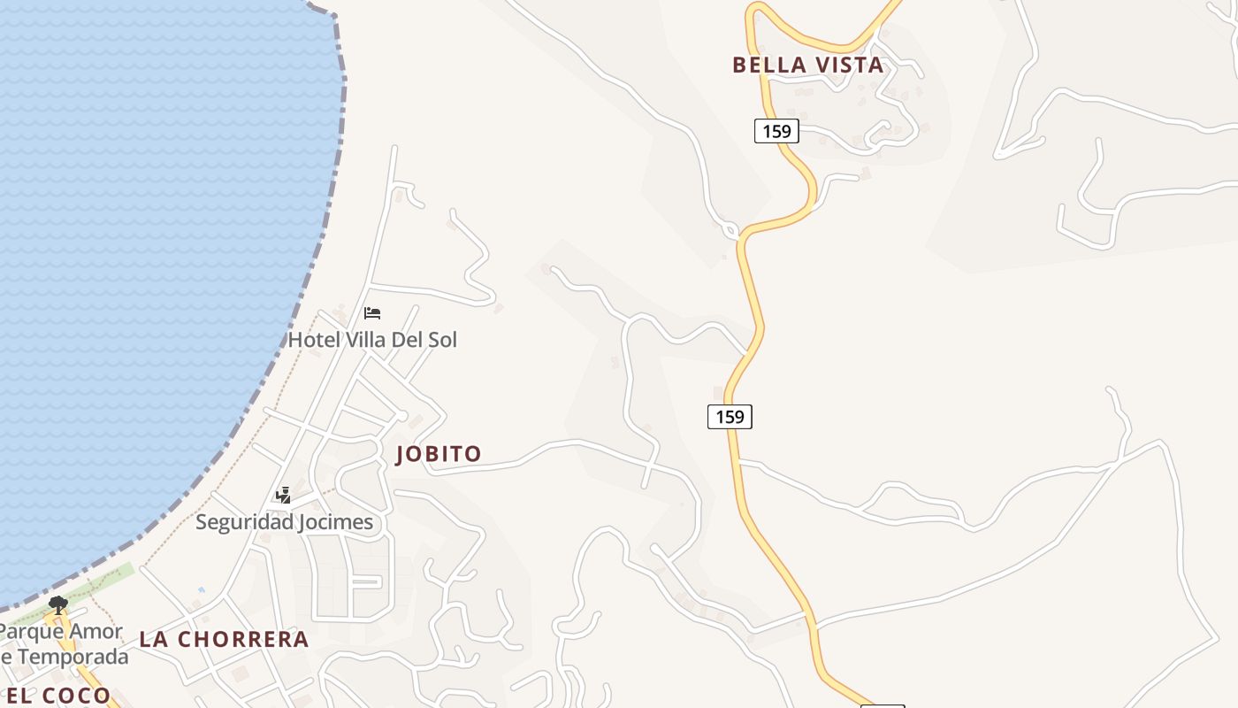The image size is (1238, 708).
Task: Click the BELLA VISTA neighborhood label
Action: pos(807,65)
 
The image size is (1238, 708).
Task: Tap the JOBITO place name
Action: pos(439,454)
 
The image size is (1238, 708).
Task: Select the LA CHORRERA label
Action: pos(224,639)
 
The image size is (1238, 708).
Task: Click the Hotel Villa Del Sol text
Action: pos(372,340)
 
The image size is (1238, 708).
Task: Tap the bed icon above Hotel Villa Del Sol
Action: pos(372,313)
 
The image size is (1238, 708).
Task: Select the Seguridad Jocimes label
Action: pos(284,522)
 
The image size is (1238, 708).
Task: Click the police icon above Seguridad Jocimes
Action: pos(284,496)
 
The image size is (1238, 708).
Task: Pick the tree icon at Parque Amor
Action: pos(58,605)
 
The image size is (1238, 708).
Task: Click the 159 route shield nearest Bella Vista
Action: pos(776,131)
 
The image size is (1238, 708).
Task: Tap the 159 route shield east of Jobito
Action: pos(730,416)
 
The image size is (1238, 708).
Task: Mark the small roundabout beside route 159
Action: pos(730,230)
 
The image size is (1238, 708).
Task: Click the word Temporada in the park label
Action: pos(71,657)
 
